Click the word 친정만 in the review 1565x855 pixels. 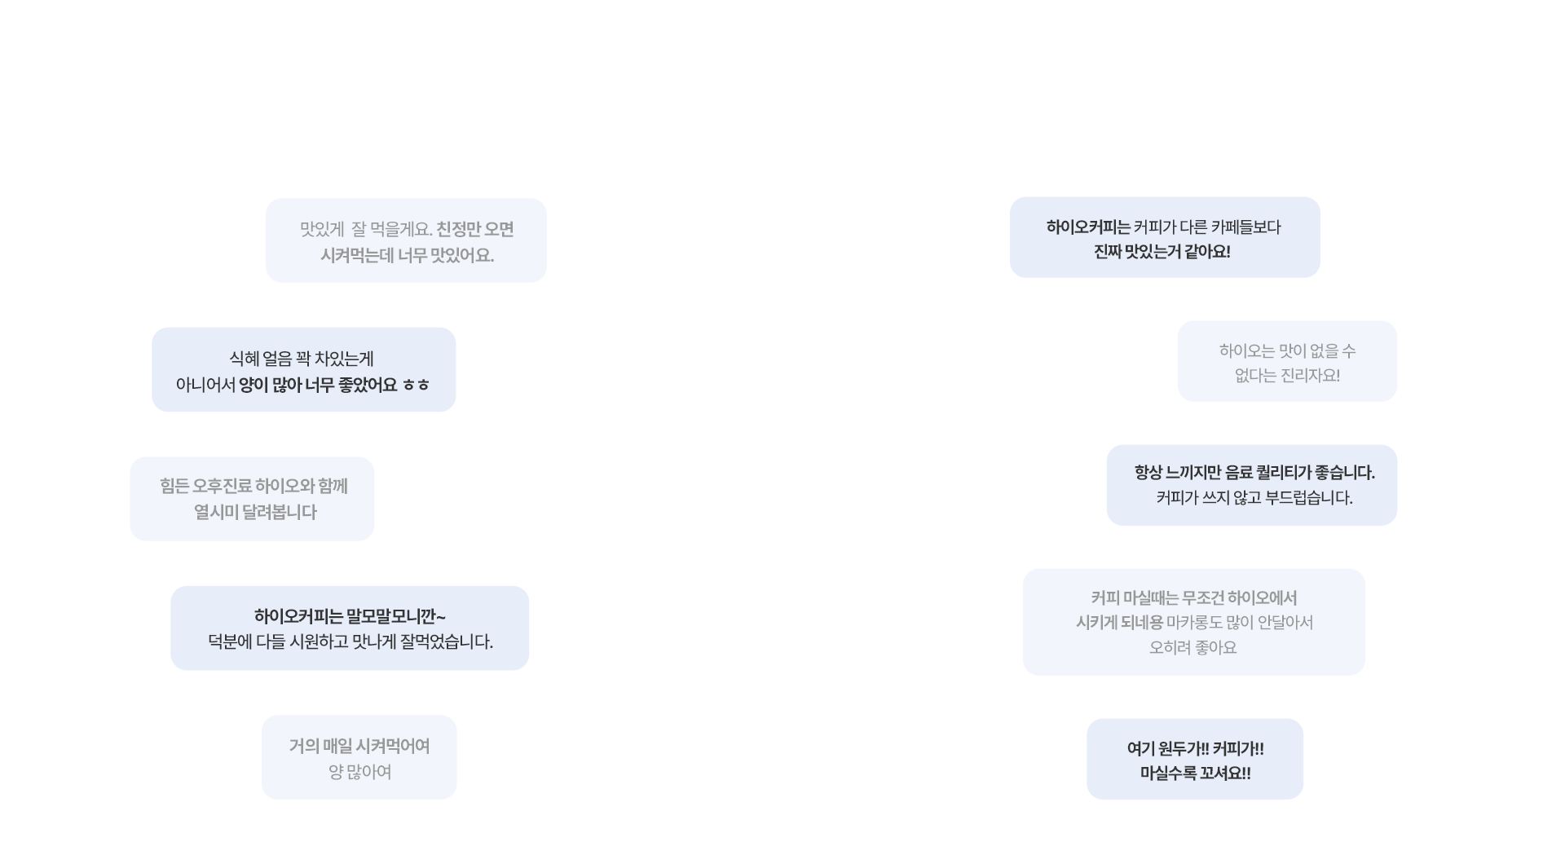(458, 230)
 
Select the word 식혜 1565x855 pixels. (244, 359)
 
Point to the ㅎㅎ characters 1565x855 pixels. (416, 386)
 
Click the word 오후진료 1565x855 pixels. (222, 487)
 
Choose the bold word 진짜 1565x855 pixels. (1108, 252)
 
